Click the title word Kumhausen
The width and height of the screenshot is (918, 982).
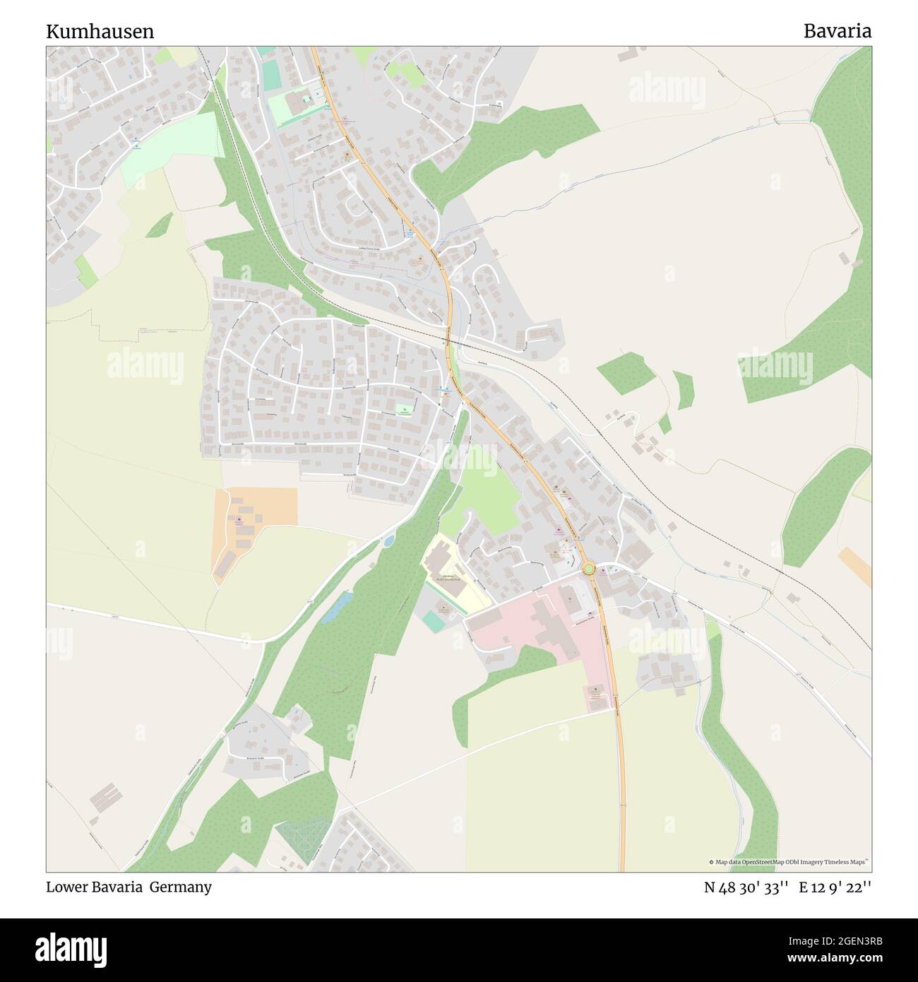pyautogui.click(x=100, y=32)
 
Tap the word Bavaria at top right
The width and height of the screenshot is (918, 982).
pyautogui.click(x=837, y=31)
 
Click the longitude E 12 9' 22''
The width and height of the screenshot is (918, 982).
pyautogui.click(x=835, y=887)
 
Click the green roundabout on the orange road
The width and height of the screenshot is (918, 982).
pyautogui.click(x=588, y=568)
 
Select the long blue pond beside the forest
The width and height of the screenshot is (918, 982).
pyautogui.click(x=335, y=607)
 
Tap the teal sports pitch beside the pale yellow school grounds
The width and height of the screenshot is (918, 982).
pyautogui.click(x=431, y=622)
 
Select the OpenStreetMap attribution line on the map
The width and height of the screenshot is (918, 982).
pyautogui.click(x=789, y=862)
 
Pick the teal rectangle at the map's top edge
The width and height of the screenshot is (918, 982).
pyautogui.click(x=267, y=51)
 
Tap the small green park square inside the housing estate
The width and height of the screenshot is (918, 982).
pyautogui.click(x=403, y=410)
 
